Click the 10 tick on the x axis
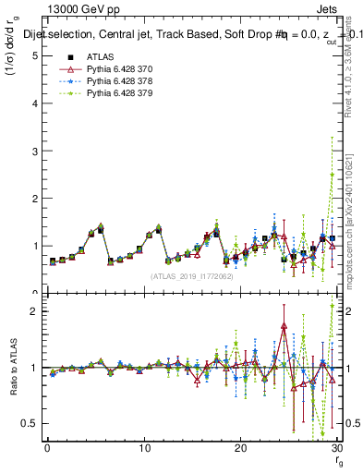(x=143, y=448)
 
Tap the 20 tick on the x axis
(x=240, y=448)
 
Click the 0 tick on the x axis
(x=47, y=448)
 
